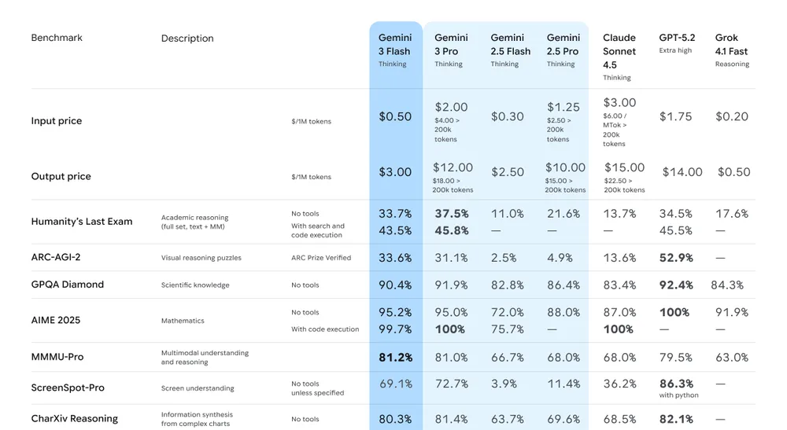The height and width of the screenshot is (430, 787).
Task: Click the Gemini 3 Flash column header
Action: tap(394, 45)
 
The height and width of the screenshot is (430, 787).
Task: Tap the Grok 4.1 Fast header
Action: tap(731, 45)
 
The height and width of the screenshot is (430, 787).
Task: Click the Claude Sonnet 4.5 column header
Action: tap(619, 51)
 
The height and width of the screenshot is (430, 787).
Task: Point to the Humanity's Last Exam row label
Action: tap(82, 222)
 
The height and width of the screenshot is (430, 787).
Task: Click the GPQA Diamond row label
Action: tap(68, 285)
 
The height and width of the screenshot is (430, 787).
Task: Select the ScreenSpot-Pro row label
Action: tap(68, 388)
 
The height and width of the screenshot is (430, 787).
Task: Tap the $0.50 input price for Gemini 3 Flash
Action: tap(395, 116)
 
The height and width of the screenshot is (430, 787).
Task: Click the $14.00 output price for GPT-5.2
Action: tap(682, 172)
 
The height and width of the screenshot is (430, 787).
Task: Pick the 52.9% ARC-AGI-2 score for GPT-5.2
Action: tap(676, 258)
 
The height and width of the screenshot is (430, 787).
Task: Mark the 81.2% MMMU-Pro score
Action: tap(395, 358)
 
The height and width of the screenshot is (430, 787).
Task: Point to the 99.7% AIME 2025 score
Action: tap(395, 329)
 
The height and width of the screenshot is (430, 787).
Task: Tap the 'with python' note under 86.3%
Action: tap(676, 395)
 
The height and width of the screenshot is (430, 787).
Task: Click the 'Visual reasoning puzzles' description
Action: tap(201, 258)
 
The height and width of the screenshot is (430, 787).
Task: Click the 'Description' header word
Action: tap(187, 39)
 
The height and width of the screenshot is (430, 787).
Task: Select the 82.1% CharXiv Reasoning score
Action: tap(676, 419)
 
